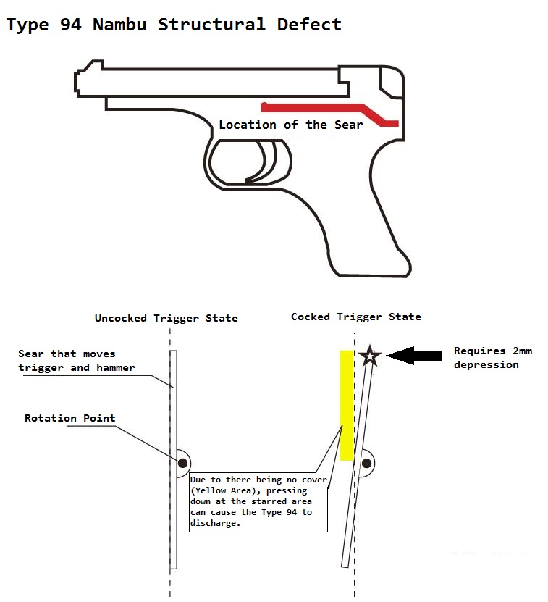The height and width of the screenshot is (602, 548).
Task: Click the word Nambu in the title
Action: click(x=119, y=24)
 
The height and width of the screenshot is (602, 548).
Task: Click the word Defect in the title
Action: click(x=309, y=24)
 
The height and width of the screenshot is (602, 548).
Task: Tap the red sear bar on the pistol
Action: click(x=311, y=108)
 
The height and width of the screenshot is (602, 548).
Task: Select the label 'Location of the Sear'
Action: click(x=290, y=125)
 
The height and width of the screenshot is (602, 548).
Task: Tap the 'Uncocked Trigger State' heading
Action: click(x=166, y=318)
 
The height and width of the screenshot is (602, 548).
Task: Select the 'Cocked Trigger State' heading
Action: click(x=355, y=317)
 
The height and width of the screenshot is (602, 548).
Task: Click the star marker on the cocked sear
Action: click(x=370, y=356)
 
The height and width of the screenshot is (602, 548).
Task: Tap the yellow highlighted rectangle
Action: click(x=346, y=406)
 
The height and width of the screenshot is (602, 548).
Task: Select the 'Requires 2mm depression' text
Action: click(x=492, y=358)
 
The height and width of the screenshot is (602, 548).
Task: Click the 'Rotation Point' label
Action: click(x=69, y=418)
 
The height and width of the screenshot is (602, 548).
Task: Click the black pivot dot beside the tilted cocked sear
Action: click(x=367, y=462)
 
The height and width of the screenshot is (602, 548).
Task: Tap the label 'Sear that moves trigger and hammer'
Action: click(x=76, y=361)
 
